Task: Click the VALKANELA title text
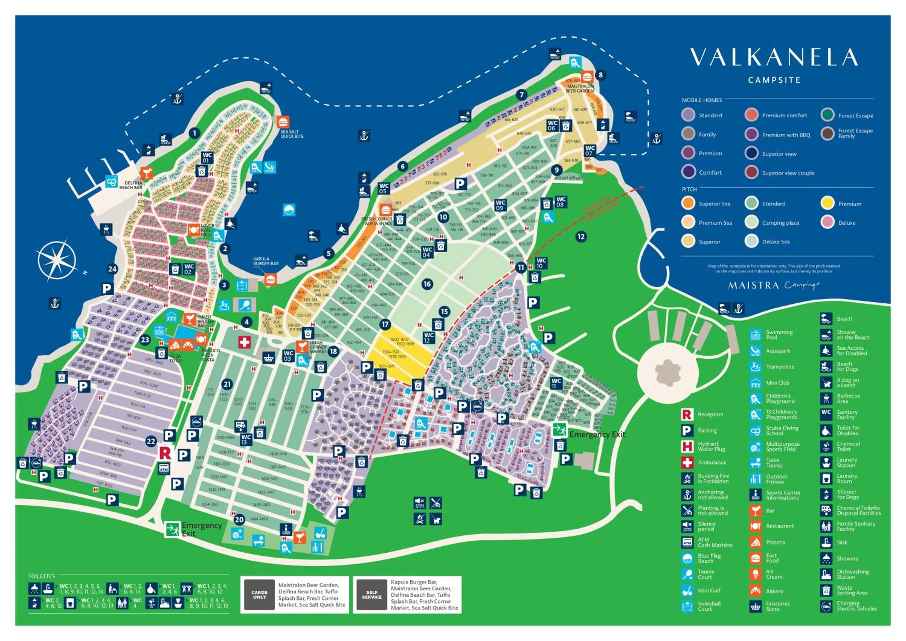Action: pos(774,58)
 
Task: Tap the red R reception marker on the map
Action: pos(165,453)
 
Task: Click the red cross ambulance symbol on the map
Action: pos(244,342)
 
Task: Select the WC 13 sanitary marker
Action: pos(246,439)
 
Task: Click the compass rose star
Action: pos(57,260)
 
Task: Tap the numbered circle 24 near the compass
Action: pos(112,269)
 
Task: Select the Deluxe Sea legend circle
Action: pos(751,242)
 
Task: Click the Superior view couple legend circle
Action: pos(751,173)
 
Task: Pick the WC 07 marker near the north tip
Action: pos(590,150)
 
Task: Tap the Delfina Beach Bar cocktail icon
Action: pos(146,173)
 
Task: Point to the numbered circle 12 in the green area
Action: pos(581,237)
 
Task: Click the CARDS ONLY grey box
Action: pos(259,594)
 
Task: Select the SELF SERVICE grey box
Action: pos(372,594)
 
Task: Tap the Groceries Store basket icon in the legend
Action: pos(755,606)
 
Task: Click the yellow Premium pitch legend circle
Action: pos(827,204)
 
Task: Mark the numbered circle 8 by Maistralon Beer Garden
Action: pos(601,75)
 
